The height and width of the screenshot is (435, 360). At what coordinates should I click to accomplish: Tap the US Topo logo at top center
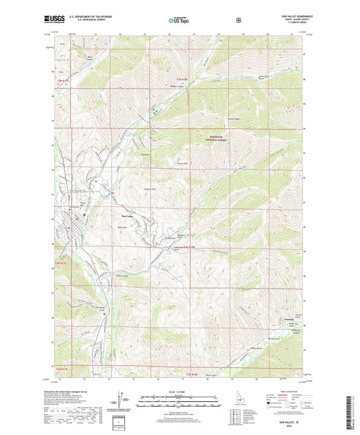point(178,21)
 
